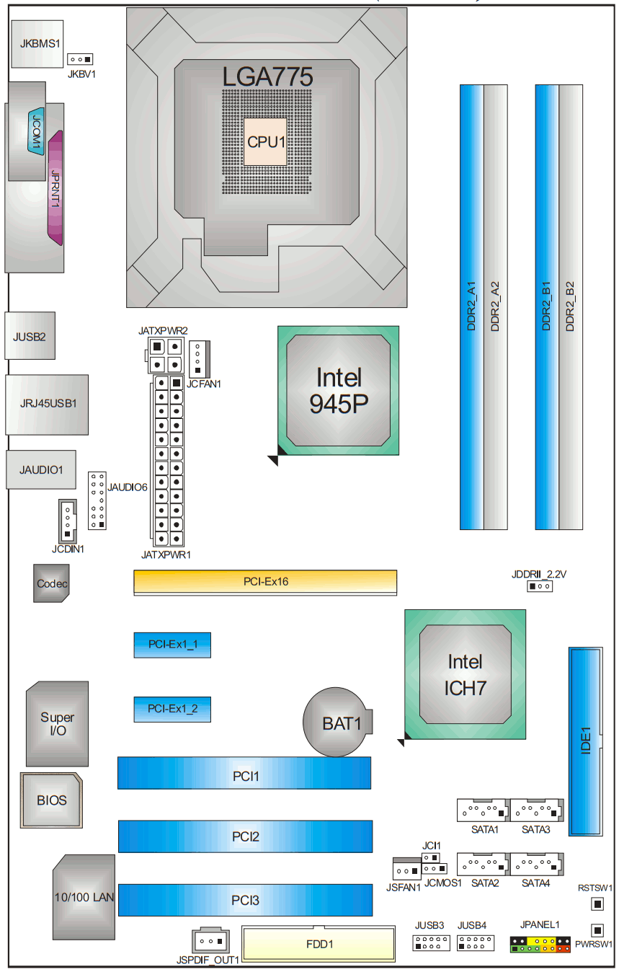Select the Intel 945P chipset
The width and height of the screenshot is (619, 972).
point(336,391)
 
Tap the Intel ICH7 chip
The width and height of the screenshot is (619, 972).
point(465,674)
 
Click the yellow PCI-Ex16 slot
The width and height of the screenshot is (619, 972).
point(265,581)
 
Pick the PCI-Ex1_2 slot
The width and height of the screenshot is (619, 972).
point(172,709)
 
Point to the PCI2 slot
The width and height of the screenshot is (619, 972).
point(245,836)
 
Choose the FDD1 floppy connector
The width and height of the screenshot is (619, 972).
point(319,944)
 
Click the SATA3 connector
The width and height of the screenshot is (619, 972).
point(536,810)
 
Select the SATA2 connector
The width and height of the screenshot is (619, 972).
point(484,864)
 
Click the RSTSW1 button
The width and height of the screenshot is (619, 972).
point(597,904)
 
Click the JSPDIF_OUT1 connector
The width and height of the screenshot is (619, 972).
point(210,940)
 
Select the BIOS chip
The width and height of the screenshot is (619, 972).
point(52,800)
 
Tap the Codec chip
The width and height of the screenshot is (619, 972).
point(51,583)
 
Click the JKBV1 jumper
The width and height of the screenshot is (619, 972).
point(81,59)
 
